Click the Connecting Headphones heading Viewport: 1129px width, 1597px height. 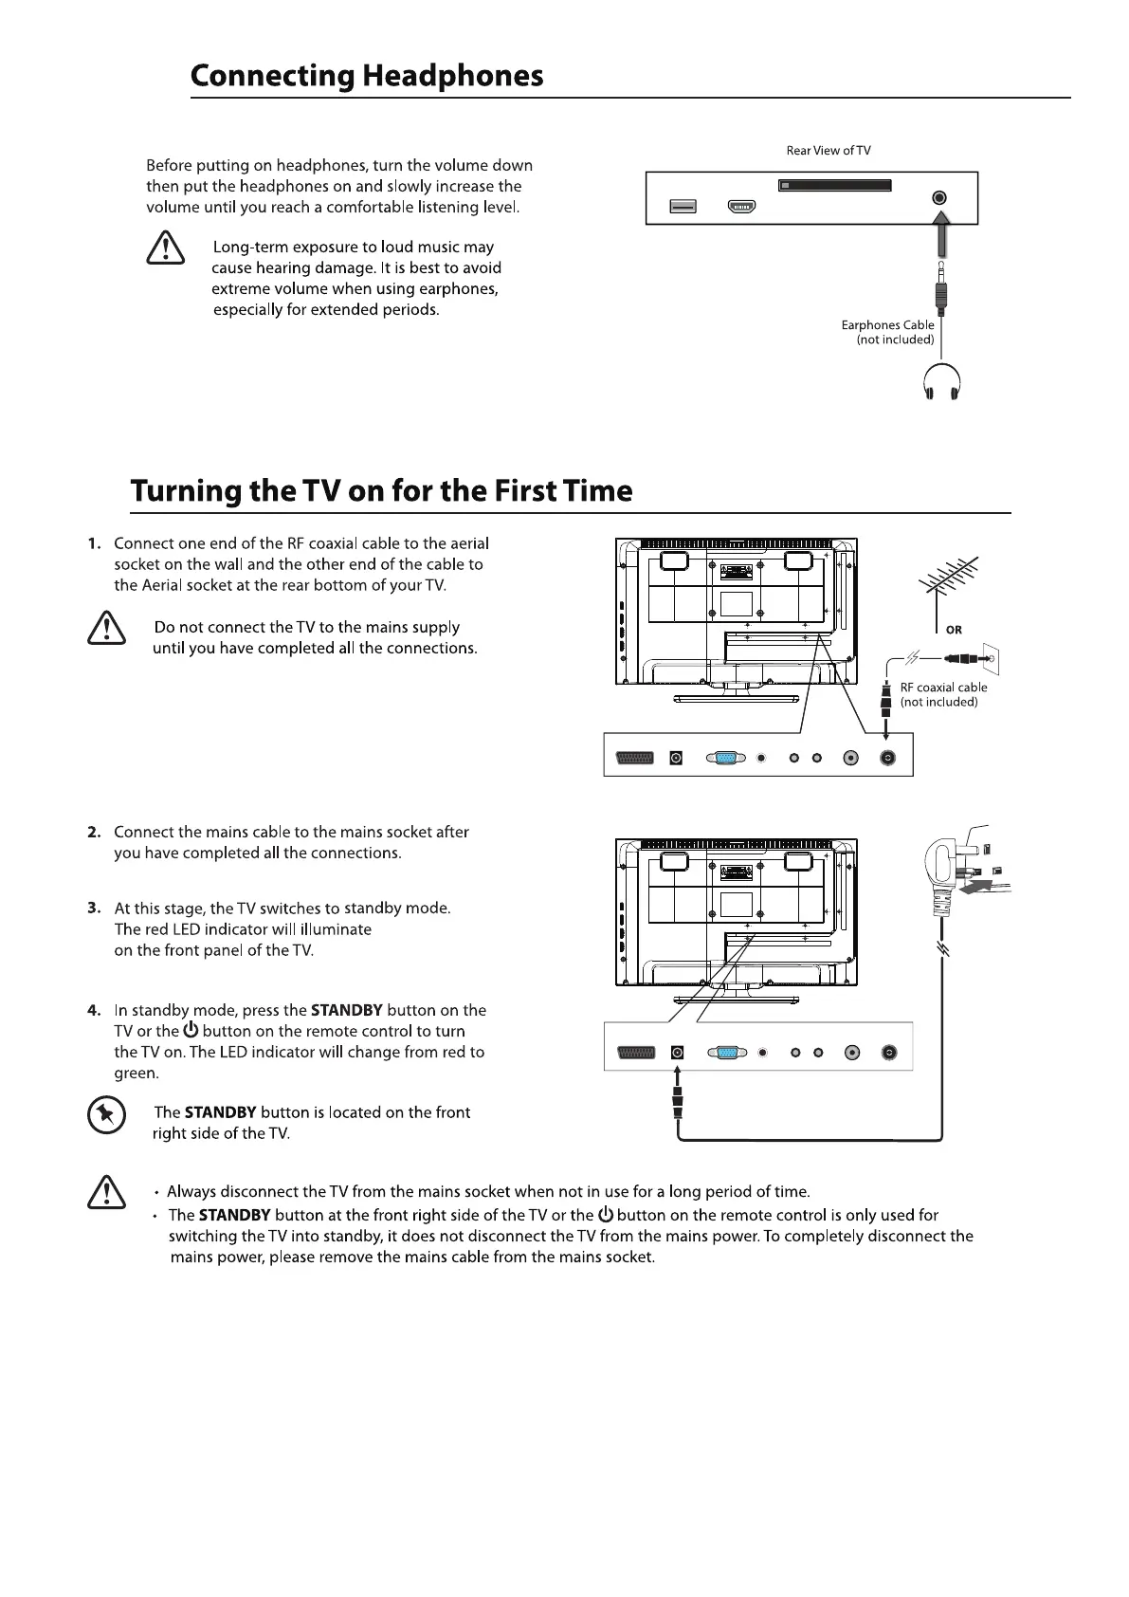tap(367, 76)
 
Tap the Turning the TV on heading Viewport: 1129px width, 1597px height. tap(381, 491)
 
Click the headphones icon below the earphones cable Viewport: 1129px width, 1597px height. tap(941, 384)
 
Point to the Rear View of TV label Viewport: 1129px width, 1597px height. tap(828, 151)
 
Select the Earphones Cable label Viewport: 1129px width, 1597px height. tap(887, 325)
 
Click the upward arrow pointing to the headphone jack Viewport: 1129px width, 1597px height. tap(939, 236)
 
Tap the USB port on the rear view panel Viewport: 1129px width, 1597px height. tap(683, 207)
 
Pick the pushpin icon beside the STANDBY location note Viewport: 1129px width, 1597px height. tap(106, 1115)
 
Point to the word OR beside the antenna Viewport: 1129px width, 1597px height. tap(954, 630)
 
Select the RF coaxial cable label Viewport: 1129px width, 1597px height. tap(943, 688)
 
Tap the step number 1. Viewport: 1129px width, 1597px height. tap(94, 543)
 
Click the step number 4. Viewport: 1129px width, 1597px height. tap(94, 1011)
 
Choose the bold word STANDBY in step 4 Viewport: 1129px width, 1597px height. tap(346, 1011)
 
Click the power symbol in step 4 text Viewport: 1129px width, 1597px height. tap(191, 1031)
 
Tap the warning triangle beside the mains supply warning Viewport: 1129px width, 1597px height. tap(106, 628)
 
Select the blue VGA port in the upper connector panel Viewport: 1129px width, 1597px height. tap(725, 758)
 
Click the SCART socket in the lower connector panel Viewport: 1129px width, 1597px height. tap(635, 1053)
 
